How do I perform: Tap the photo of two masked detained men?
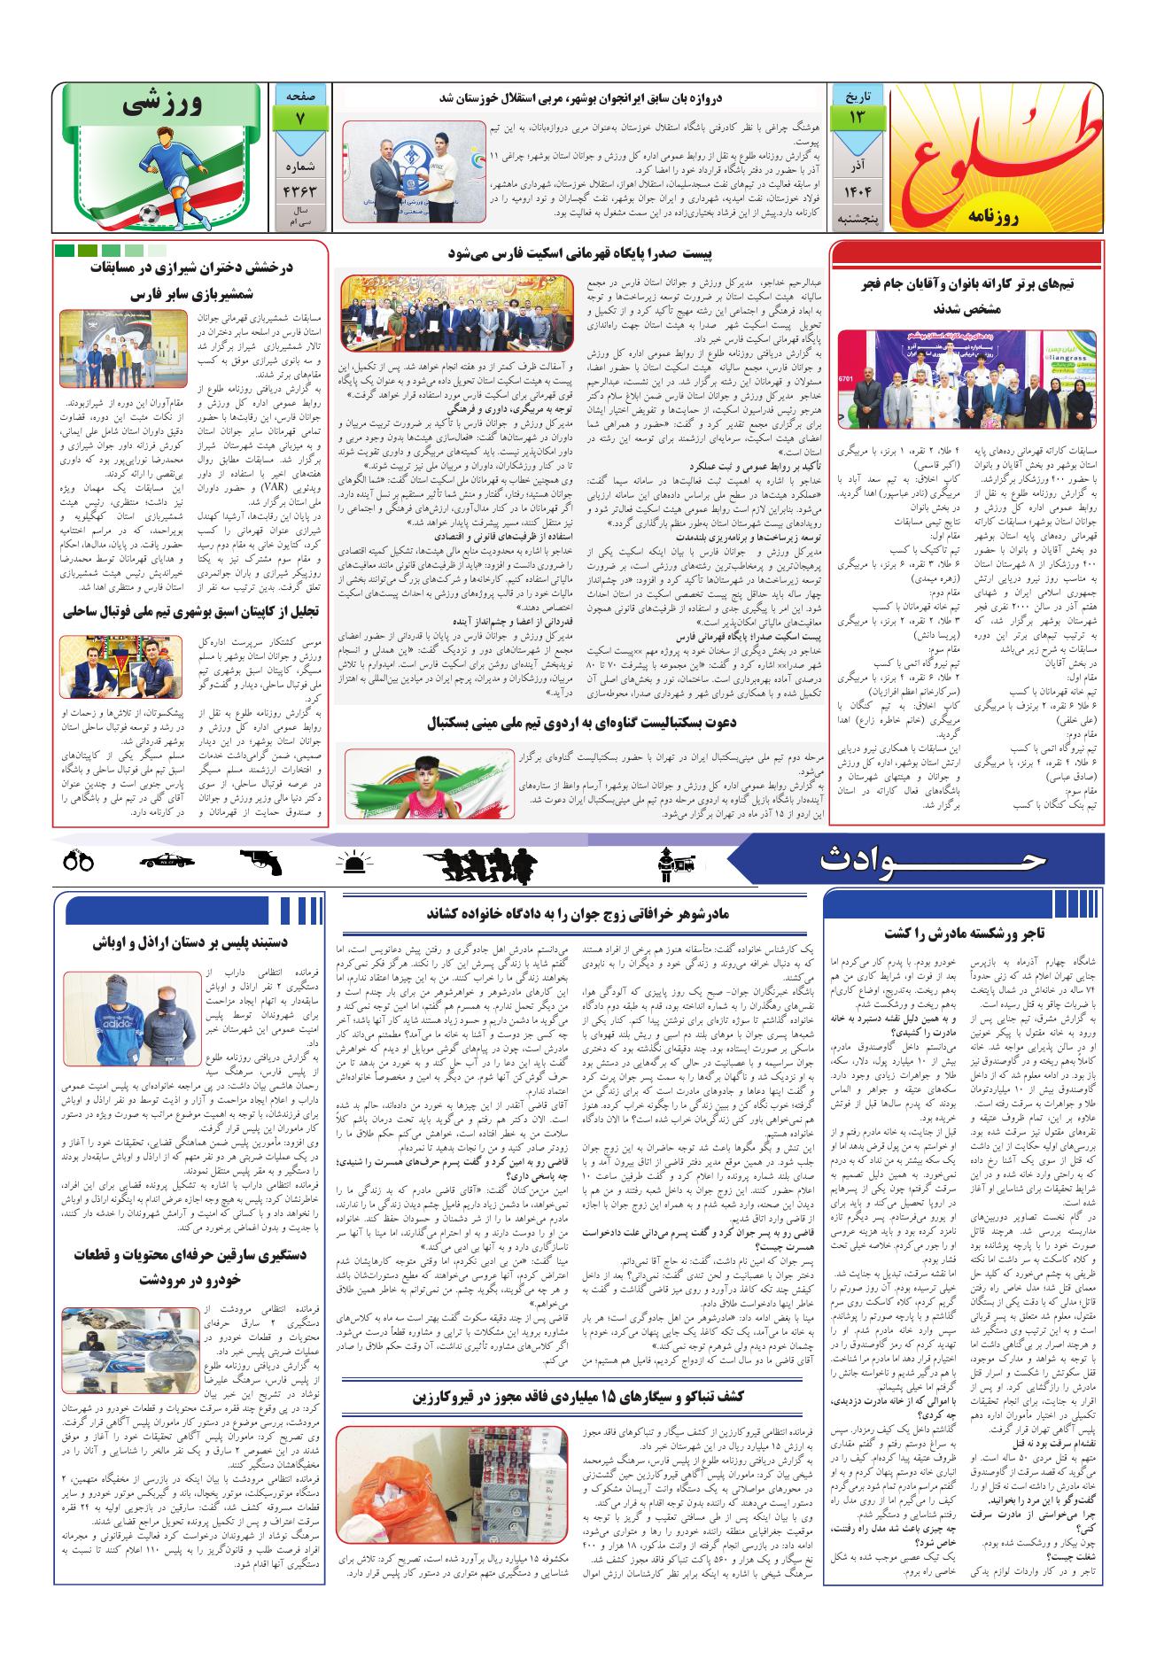click(133, 1018)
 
